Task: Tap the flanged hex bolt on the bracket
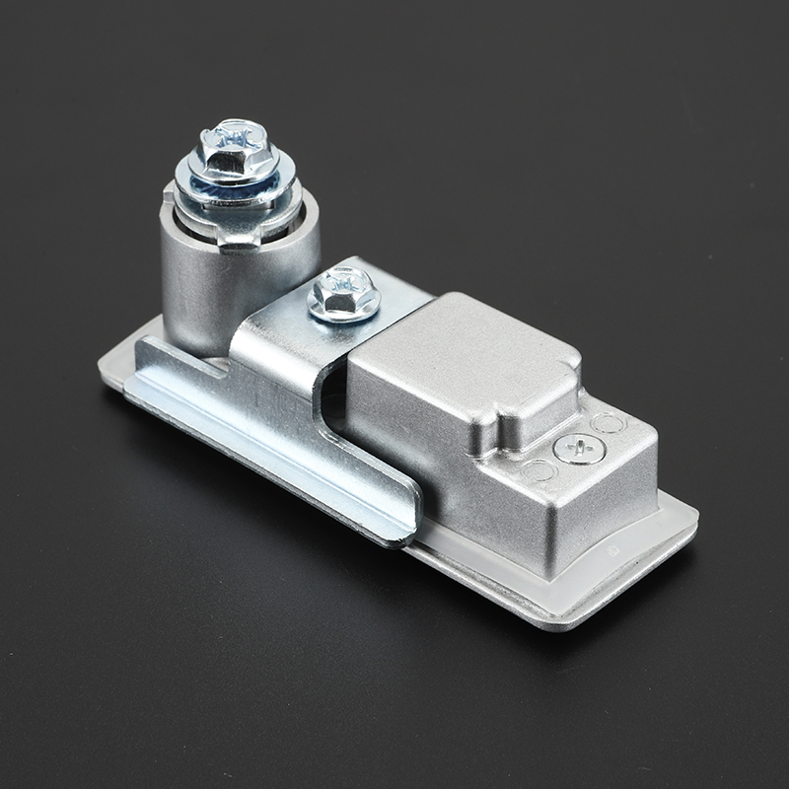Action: (x=343, y=293)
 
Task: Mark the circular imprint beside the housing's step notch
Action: (x=538, y=470)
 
